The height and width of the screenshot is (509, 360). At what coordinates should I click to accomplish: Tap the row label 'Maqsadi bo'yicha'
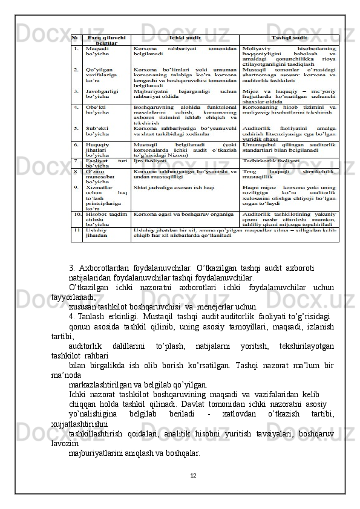point(97,51)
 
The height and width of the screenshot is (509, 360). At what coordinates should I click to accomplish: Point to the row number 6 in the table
point(77,145)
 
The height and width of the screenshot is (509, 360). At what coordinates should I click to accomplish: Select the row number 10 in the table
point(78,214)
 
